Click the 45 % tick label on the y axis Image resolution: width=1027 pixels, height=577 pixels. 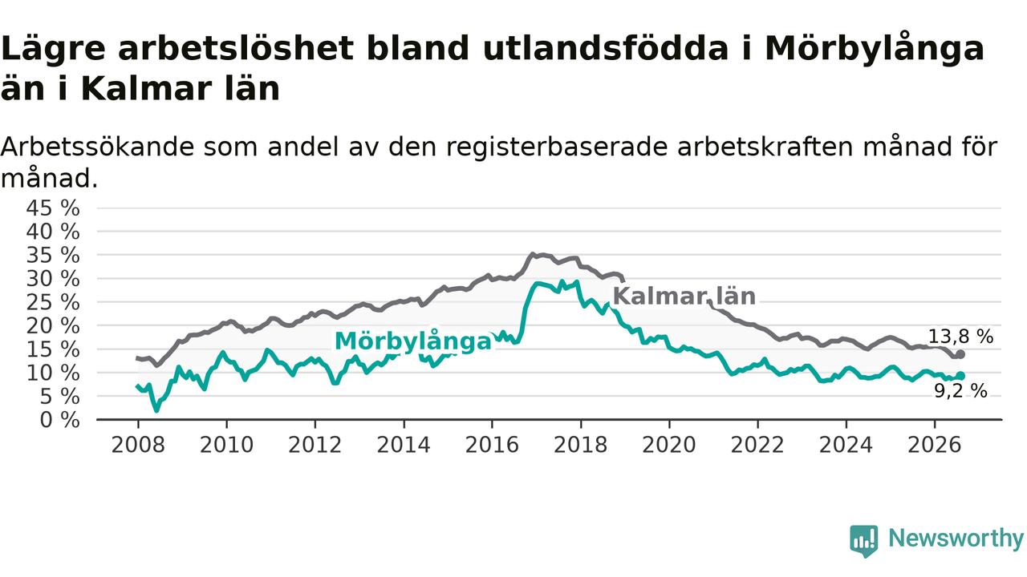coord(53,208)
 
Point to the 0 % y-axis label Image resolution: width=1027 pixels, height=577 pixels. coord(59,420)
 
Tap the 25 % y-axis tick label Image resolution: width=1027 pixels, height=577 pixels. coord(53,302)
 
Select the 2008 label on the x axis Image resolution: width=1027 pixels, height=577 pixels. coord(138,445)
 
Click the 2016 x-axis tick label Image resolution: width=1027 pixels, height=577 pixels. coord(492,445)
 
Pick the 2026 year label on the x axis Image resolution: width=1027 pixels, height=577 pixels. coord(935,445)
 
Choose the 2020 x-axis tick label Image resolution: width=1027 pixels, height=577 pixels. coord(669,445)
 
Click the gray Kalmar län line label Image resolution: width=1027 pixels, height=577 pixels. coord(684,297)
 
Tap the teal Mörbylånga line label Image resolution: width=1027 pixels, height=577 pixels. coord(413,341)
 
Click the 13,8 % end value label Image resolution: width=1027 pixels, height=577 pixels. coord(960,337)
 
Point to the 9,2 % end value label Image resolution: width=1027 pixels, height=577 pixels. coord(960,391)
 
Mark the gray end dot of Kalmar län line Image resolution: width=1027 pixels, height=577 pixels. coord(960,354)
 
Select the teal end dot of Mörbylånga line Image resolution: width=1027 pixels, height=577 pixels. coord(960,376)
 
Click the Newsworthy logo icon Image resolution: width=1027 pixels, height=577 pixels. coord(864,541)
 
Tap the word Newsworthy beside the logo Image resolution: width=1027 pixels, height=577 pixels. coord(956,538)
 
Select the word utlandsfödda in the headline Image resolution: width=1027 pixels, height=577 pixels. coord(605,48)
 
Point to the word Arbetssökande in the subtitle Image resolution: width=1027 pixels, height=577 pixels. coord(98,147)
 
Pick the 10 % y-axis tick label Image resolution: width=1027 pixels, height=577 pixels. coord(53,373)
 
